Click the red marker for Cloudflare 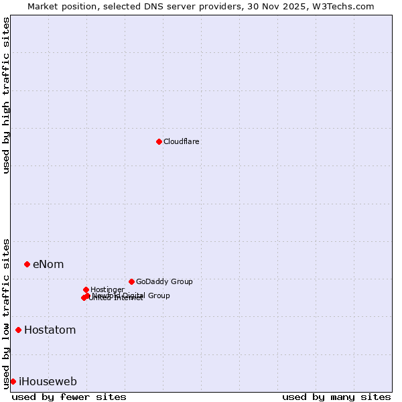pos(159,141)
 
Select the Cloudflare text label pos(182,141)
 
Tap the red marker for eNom pos(27,264)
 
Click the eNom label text pos(48,264)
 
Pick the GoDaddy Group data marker pos(131,281)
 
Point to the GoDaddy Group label pos(164,281)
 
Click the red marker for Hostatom pos(18,330)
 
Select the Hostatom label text pos(50,330)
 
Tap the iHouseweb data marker pos(13,381)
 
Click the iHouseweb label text pos(48,381)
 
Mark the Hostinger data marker pos(86,289)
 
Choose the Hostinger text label pos(107,289)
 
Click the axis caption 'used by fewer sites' pos(69,397)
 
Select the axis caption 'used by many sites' pos(336,397)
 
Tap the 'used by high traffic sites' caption pos(6,95)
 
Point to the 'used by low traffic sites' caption pos(6,314)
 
